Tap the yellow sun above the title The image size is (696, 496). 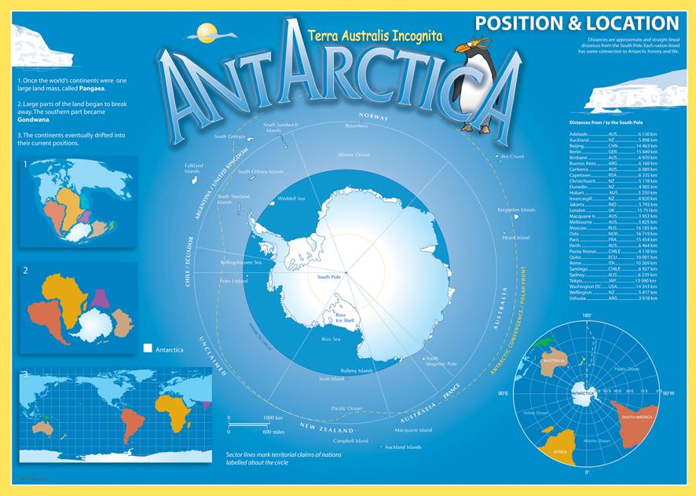pyautogui.click(x=206, y=31)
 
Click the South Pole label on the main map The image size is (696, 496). pyautogui.click(x=328, y=277)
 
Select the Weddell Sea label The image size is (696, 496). pyautogui.click(x=291, y=199)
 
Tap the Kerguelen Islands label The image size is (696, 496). pyautogui.click(x=515, y=210)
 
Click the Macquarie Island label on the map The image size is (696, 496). pyautogui.click(x=414, y=430)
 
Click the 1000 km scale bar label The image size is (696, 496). pyautogui.click(x=272, y=418)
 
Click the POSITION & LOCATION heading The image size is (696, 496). pyautogui.click(x=576, y=23)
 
